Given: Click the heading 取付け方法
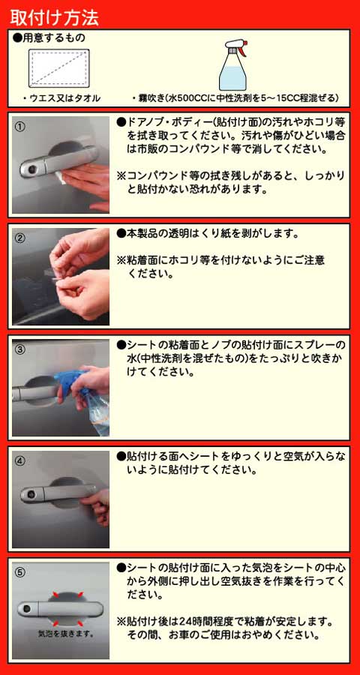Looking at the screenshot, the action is click(54, 17).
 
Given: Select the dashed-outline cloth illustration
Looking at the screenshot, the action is click(58, 68).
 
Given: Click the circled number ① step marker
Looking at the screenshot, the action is click(19, 127).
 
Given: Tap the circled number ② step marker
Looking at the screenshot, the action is click(19, 238).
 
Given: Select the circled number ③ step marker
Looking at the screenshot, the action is click(19, 349).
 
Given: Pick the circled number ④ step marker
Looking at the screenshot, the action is click(19, 461).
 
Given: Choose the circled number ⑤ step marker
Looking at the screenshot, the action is click(19, 572).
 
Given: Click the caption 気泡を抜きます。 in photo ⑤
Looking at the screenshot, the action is click(66, 634).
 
